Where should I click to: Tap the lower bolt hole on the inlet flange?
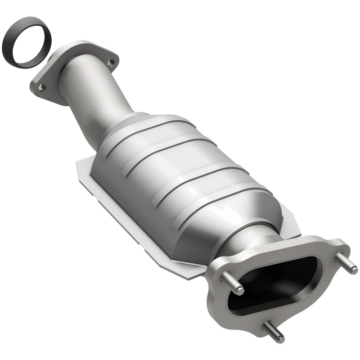pyautogui.click(x=41, y=88)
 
